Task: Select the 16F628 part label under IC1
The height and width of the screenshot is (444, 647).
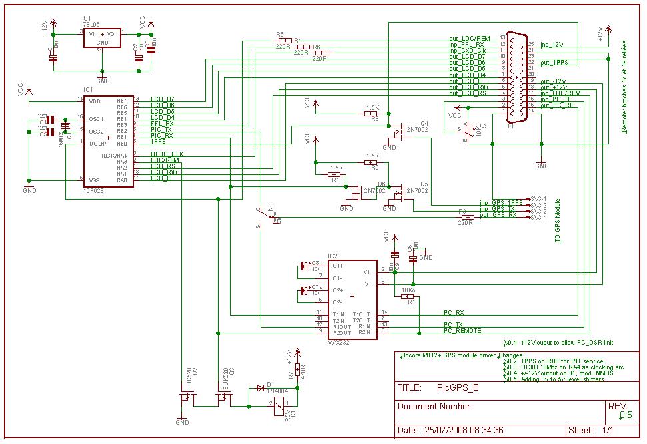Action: (x=94, y=190)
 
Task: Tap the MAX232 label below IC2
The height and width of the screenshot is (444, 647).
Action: (x=338, y=343)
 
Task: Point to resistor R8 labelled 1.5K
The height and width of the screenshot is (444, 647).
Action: (x=372, y=114)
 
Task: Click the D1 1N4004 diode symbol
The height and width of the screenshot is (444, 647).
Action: (x=260, y=389)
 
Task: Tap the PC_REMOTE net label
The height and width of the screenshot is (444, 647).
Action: (x=462, y=330)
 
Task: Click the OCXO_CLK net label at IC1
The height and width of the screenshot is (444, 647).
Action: (x=167, y=154)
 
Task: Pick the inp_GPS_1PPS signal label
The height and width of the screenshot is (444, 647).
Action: (x=501, y=203)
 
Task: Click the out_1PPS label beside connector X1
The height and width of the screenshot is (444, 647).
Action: (x=554, y=63)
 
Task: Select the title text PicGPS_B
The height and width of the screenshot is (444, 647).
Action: (x=458, y=388)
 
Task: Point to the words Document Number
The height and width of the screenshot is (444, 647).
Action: (x=434, y=406)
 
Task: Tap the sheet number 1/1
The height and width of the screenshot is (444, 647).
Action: (x=608, y=430)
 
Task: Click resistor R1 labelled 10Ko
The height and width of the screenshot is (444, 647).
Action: (x=408, y=297)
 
